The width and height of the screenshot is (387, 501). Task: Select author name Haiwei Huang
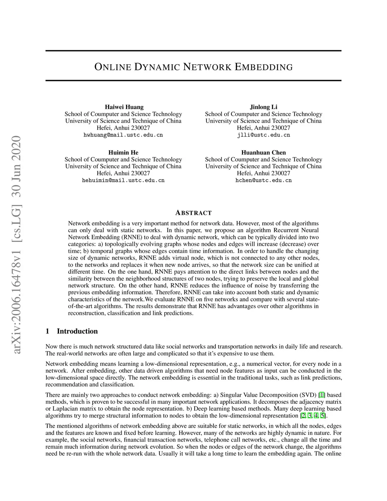pos(124,107)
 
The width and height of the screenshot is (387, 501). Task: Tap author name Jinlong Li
pos(263,107)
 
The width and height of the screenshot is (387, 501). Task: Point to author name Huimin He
pos(123,152)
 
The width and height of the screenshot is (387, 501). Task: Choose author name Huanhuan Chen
pos(263,152)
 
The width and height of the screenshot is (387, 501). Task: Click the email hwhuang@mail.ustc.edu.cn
pos(123,135)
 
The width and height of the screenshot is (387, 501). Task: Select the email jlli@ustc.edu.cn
pos(263,135)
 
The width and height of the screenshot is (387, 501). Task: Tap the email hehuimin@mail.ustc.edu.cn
pos(123,180)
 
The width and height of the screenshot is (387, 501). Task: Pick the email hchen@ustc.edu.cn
pos(263,180)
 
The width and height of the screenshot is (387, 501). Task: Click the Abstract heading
pos(193,213)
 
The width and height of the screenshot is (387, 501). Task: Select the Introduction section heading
pos(77,331)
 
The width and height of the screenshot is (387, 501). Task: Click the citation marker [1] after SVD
pos(322,395)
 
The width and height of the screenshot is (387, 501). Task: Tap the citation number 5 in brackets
pos(322,416)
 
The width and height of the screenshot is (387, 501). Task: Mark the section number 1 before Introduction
pos(47,331)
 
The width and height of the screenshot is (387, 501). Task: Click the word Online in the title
pos(112,67)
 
